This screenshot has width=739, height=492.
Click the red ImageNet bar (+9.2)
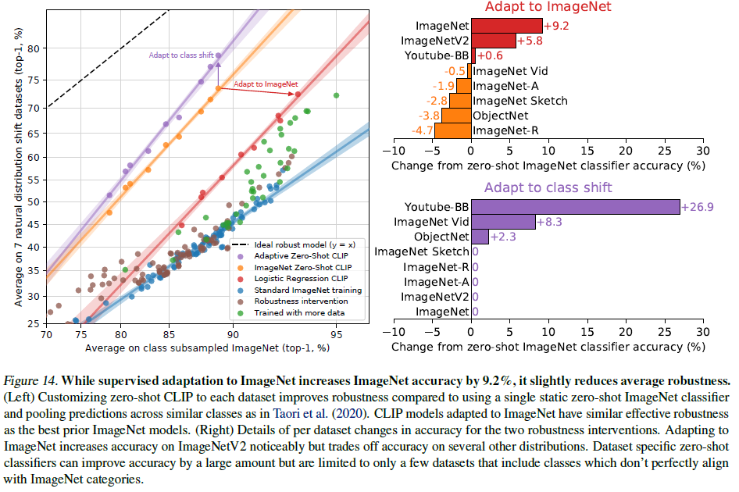(506, 26)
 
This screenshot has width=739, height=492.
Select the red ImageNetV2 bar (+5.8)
(493, 41)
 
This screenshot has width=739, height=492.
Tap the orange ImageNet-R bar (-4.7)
(452, 130)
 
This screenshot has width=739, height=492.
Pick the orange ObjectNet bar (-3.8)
(456, 116)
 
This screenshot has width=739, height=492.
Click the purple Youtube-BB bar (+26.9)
(574, 207)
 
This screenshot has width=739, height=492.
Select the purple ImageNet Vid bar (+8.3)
(502, 223)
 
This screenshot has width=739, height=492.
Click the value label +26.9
(698, 208)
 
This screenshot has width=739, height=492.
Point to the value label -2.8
(435, 101)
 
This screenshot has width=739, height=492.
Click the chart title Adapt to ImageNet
(548, 7)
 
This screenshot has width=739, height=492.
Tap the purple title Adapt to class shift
(548, 187)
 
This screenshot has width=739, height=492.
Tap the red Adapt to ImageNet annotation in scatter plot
(266, 84)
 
